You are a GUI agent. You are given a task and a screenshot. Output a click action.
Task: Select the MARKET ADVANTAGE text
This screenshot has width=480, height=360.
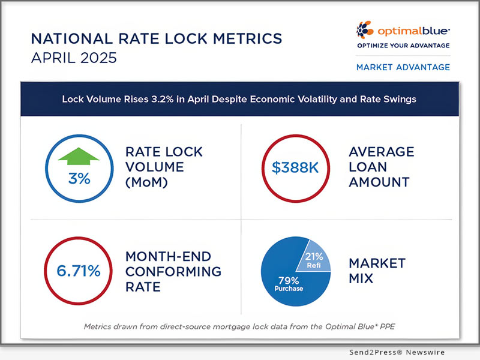[x=403, y=67]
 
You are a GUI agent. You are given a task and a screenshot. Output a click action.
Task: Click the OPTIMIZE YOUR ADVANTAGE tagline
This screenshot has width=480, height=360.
[x=403, y=46]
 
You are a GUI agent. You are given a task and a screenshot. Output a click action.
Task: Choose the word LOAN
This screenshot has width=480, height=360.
[x=368, y=167]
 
